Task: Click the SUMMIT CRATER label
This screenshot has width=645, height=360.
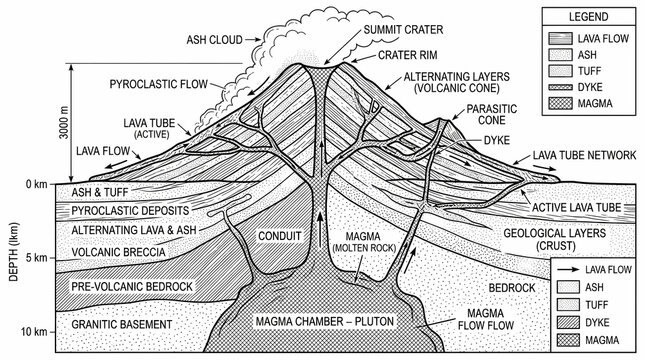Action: pos(403,30)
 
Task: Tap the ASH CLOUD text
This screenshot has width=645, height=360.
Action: pos(214,40)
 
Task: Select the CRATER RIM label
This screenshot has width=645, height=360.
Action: pos(408,55)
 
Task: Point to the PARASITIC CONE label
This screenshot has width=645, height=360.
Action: pos(492,114)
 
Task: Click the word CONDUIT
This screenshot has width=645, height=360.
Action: pos(280,236)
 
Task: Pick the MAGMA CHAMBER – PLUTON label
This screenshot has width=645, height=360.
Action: pos(325,321)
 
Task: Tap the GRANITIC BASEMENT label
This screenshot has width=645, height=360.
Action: pos(122,325)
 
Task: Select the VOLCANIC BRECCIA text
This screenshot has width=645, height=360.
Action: pos(118,252)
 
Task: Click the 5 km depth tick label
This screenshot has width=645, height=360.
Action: pos(36,258)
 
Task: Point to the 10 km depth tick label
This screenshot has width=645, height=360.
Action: pos(34,332)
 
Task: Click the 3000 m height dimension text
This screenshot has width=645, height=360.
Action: pos(64,122)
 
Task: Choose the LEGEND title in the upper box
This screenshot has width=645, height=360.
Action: pos(588,17)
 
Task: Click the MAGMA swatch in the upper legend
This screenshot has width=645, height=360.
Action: pos(560,103)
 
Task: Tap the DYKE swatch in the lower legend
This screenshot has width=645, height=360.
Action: pos(568,322)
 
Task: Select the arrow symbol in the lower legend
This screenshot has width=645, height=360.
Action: pos(568,270)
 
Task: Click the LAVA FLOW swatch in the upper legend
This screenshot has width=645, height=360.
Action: pos(560,39)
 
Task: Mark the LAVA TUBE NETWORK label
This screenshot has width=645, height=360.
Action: pos(585,155)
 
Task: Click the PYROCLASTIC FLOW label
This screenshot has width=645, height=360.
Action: pos(158,84)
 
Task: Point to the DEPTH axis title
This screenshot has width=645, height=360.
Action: pos(14,252)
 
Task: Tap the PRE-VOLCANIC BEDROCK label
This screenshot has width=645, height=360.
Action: pos(132,287)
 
